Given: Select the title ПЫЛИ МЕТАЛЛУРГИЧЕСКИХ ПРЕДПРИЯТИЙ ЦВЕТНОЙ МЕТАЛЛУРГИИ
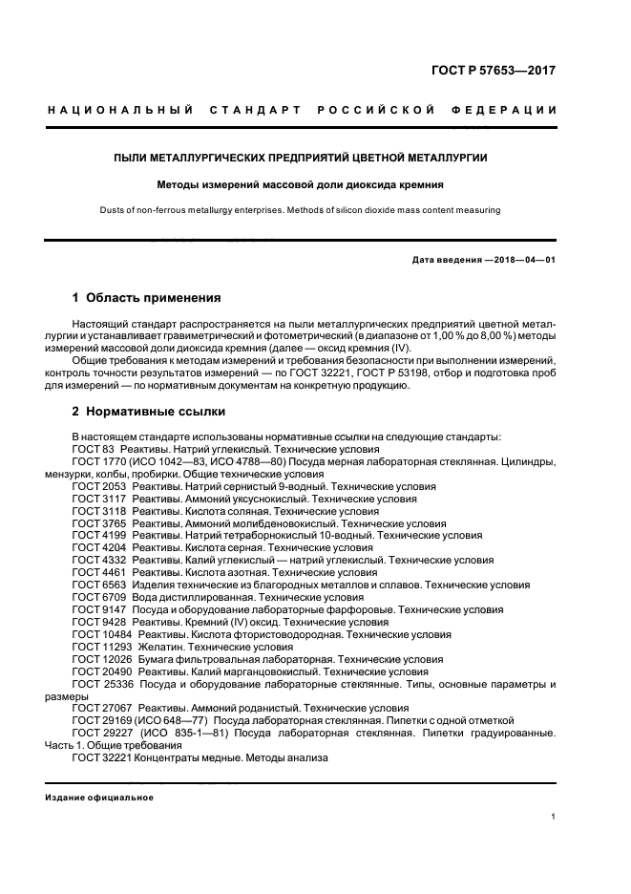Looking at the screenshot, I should [314, 156].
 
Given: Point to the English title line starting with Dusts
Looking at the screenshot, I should [314, 210].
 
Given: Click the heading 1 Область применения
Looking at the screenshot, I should [147, 298].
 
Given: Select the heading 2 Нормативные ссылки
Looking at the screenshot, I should [149, 412].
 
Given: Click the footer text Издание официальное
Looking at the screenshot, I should [99, 798].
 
